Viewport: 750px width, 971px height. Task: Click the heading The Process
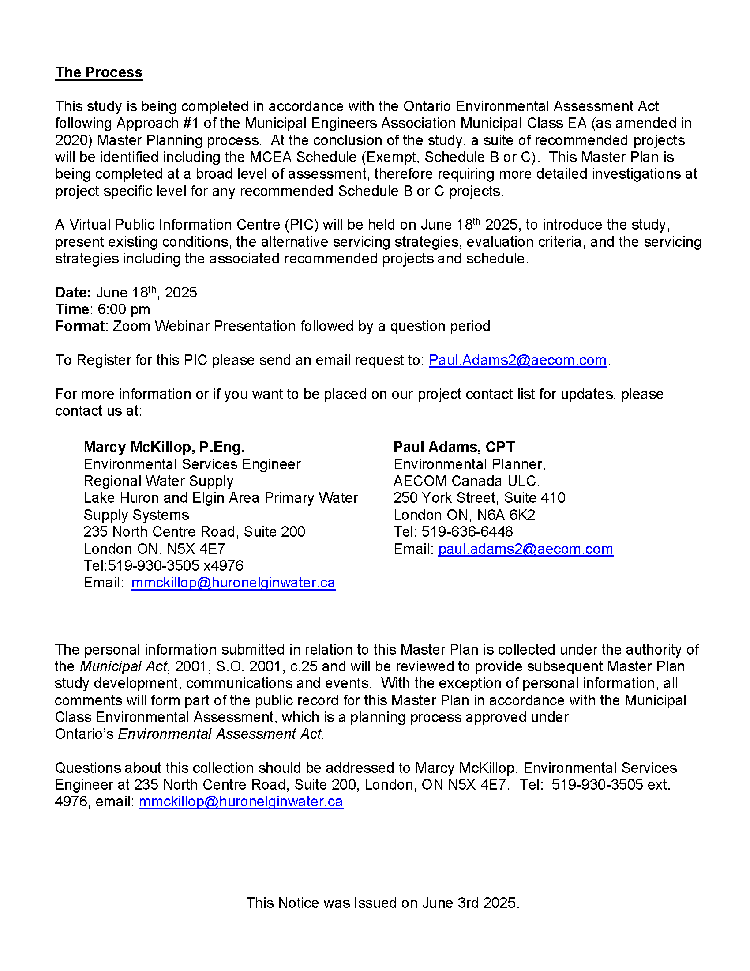point(99,72)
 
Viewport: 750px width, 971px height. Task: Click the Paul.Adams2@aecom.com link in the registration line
point(517,360)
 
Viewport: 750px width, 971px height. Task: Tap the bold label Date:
point(73,293)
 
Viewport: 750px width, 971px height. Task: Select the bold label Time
point(72,309)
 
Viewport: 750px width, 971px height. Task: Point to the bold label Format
point(79,326)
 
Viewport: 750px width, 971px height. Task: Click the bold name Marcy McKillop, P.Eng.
point(164,447)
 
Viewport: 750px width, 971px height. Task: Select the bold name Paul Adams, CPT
point(454,447)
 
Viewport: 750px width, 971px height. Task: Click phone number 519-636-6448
point(467,532)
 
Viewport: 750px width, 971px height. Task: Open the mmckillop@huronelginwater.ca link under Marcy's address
point(233,583)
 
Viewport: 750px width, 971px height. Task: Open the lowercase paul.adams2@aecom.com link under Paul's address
point(525,549)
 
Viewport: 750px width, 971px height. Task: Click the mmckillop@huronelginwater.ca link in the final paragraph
point(241,802)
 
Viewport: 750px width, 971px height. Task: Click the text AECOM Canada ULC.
point(466,481)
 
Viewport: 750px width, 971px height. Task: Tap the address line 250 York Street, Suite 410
point(480,498)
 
